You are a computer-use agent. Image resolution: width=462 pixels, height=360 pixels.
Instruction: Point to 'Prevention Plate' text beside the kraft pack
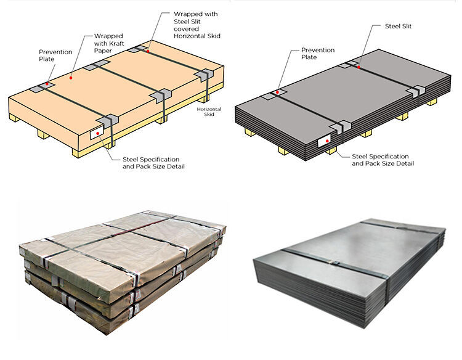click(56, 55)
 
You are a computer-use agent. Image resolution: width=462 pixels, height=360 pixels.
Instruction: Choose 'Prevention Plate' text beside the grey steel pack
click(317, 54)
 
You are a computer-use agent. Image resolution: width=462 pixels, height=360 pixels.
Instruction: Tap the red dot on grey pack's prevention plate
click(277, 92)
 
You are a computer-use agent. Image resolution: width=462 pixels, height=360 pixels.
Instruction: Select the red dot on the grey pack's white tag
click(326, 142)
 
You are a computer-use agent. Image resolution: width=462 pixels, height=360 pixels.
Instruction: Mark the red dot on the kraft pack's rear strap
click(148, 51)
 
